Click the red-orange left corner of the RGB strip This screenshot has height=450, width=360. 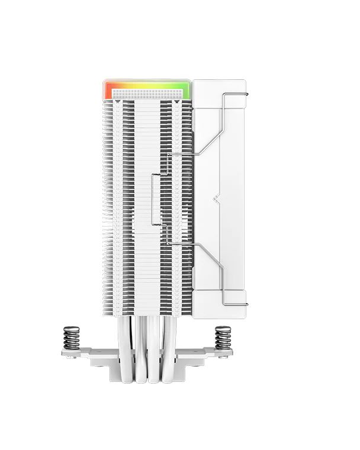pos(109,89)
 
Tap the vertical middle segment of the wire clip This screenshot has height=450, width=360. pos(153,199)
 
